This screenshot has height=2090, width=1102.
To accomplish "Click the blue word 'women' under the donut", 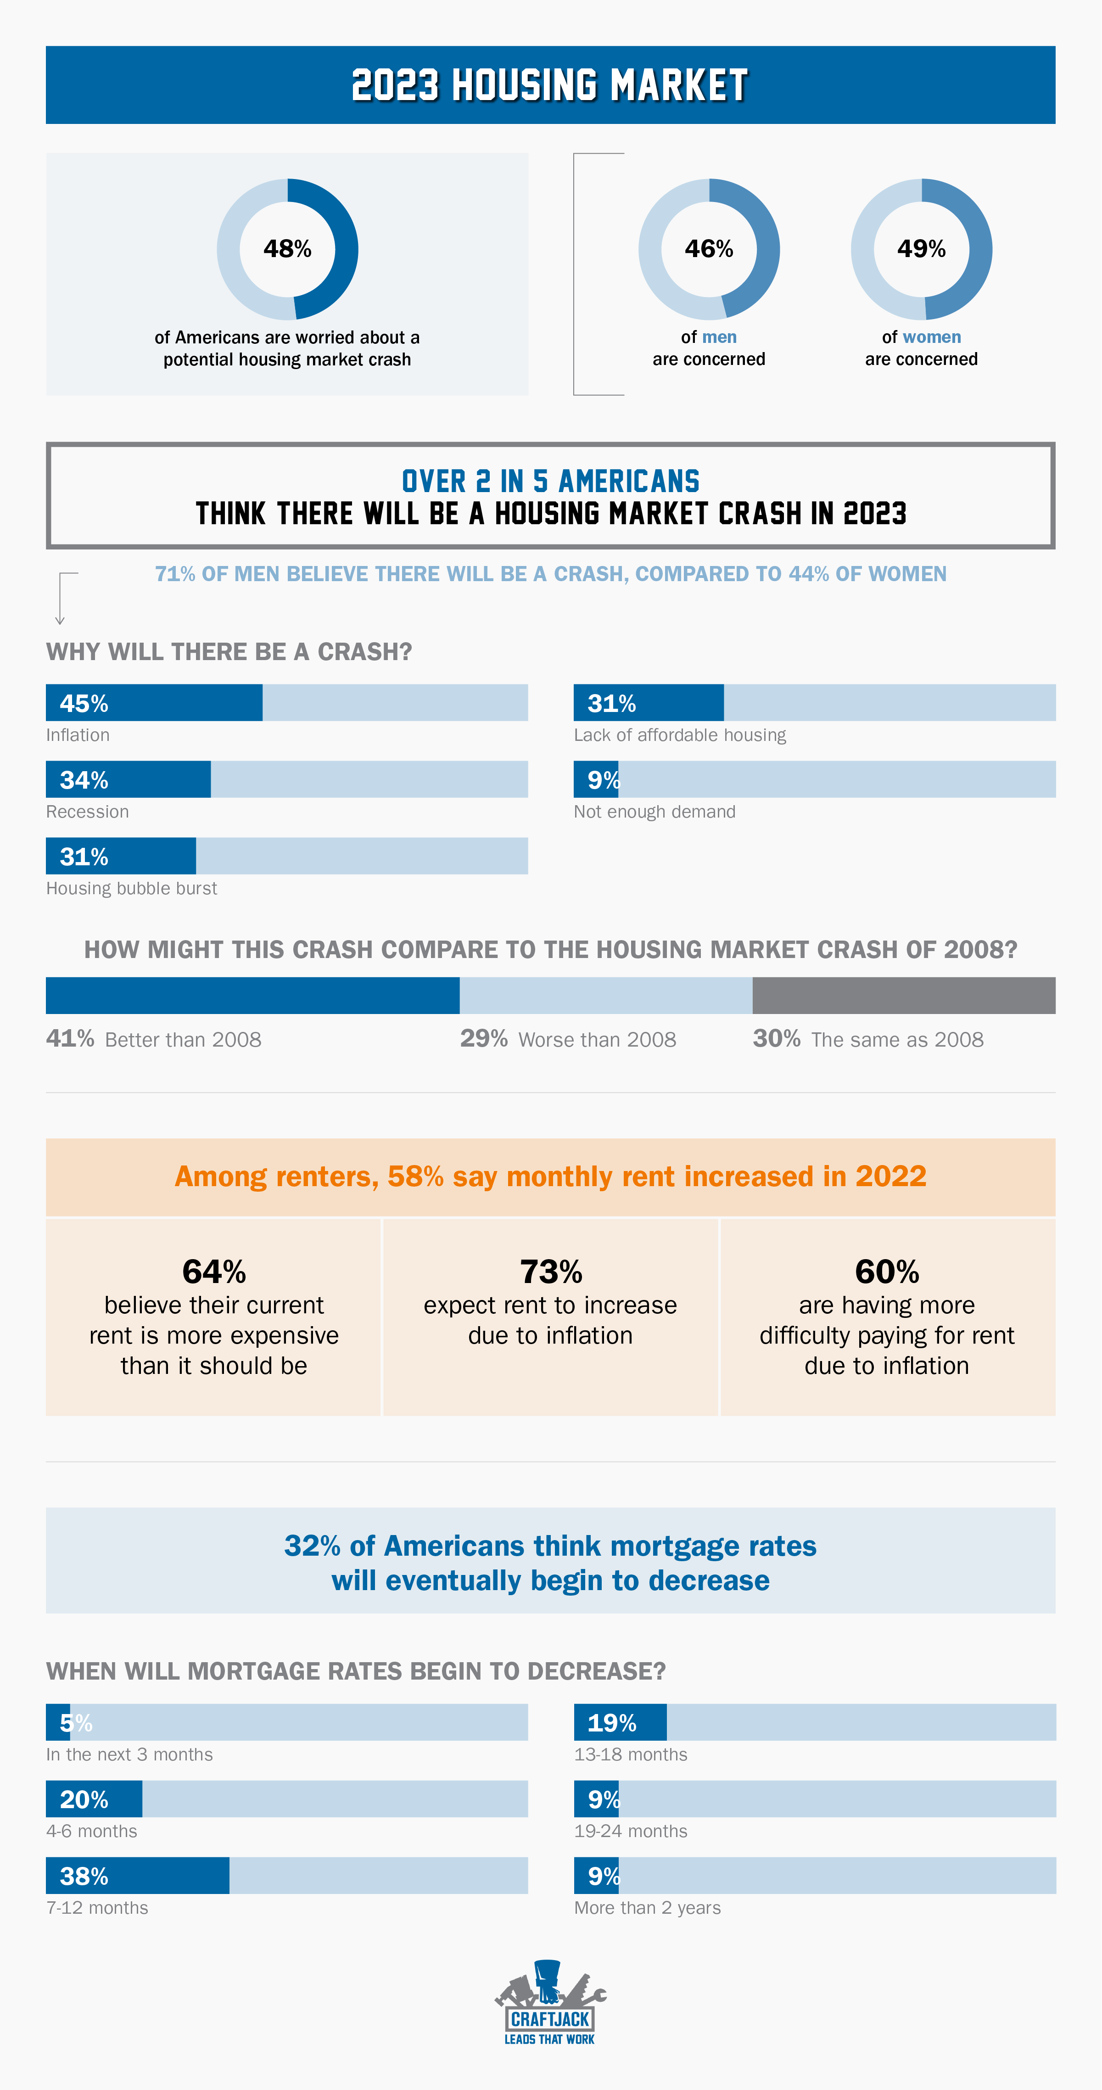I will pos(932,336).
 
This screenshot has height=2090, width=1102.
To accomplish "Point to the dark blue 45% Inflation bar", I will pos(154,703).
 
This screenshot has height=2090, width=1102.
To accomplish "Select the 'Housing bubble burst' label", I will pos(131,888).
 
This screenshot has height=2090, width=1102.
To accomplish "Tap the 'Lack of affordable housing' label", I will pos(679,735).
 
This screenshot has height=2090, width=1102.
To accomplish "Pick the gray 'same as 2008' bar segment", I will pos(903,996).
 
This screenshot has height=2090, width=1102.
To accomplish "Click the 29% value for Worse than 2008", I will pos(484,1038).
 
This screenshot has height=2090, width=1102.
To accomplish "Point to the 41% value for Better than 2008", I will pos(70,1038).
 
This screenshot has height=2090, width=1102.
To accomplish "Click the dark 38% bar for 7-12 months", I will pos(138,1876).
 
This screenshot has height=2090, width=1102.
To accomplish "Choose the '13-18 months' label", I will pos(631,1754).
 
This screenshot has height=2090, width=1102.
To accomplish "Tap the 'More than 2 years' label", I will pos(647,1907).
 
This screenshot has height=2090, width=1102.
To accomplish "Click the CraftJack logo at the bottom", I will pos(550,2003).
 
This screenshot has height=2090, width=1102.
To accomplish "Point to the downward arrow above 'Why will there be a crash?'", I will pos(60,600).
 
